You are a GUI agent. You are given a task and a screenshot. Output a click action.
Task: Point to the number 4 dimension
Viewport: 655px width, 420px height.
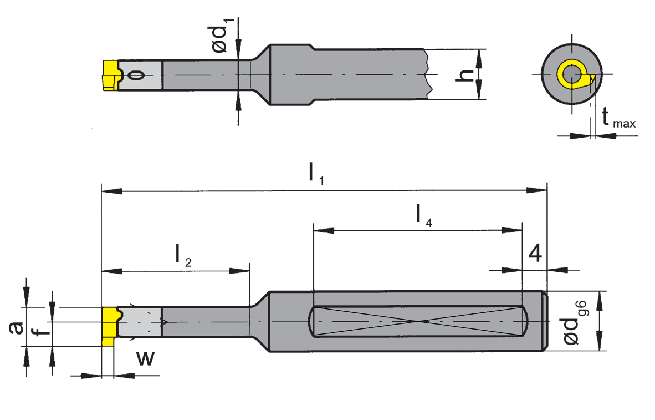click(535, 253)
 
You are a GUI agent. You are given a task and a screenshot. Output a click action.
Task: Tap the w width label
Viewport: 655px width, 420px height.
click(145, 358)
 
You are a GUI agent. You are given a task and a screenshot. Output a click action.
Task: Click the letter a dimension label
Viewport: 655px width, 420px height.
click(17, 328)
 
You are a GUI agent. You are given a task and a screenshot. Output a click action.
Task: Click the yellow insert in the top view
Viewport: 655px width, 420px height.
click(110, 75)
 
